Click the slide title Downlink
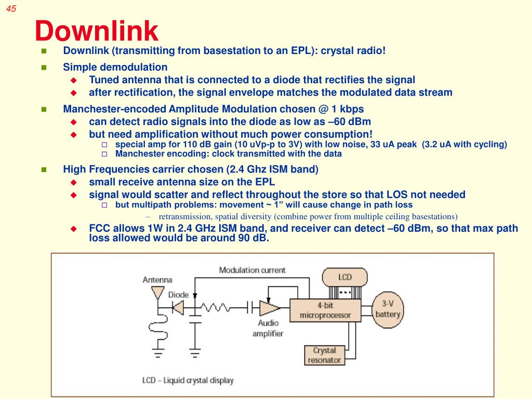tap(96, 31)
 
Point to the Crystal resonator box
tap(324, 355)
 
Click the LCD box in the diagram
tap(345, 277)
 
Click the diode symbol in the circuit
tap(178, 308)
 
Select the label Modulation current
tap(252, 270)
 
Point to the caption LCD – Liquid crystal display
tap(188, 380)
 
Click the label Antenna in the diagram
tap(157, 280)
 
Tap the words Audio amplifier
tap(268, 328)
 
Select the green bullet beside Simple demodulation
tap(44, 67)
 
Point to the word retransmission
tap(181, 216)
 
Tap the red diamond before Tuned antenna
tap(73, 80)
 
